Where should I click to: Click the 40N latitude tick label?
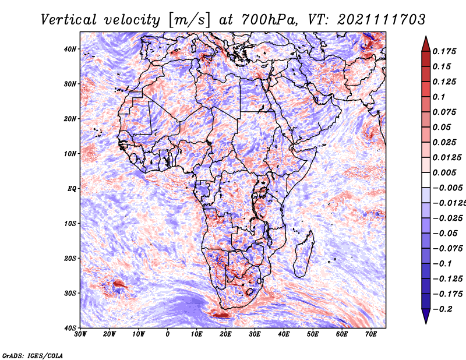[x=70, y=49]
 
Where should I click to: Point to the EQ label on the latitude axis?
[x=72, y=189]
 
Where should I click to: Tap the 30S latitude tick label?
[x=70, y=294]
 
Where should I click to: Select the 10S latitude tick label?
[x=70, y=224]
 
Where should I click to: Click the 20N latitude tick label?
[x=70, y=119]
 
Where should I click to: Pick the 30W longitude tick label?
[x=80, y=334]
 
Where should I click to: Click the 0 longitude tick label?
[x=168, y=334]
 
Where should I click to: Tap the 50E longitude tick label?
[x=313, y=334]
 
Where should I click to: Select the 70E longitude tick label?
[x=371, y=334]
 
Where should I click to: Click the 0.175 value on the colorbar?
[x=444, y=51]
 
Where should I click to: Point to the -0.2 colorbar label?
[x=443, y=309]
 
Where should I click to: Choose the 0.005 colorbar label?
[x=444, y=172]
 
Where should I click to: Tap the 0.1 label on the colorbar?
[x=439, y=97]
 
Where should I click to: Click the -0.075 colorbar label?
[x=448, y=249]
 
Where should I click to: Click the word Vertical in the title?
[x=69, y=20]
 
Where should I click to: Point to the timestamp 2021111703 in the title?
[x=382, y=20]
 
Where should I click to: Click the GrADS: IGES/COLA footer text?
[x=33, y=355]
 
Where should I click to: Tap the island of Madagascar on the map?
[x=303, y=255]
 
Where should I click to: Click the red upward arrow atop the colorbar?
[x=426, y=44]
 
